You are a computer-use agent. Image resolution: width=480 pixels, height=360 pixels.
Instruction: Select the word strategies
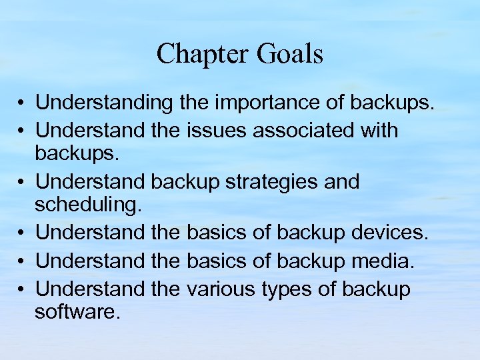(x=283, y=181)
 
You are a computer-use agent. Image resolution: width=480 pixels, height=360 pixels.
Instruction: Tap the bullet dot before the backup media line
(x=23, y=262)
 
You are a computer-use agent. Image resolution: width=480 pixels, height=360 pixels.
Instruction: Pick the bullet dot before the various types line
(x=23, y=289)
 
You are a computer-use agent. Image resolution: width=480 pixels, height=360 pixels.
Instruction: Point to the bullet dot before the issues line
(x=23, y=131)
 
